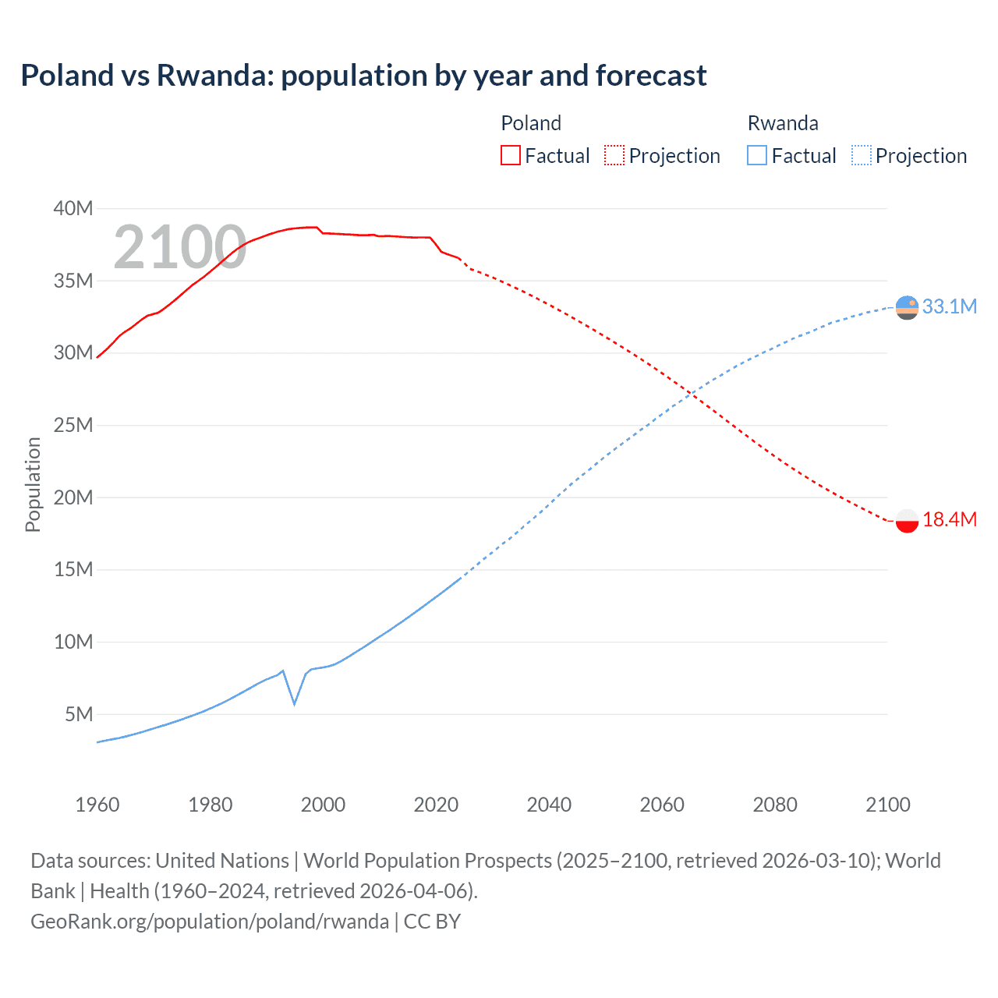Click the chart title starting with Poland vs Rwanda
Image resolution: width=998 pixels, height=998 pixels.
363,76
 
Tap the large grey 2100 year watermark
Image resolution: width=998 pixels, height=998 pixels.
180,248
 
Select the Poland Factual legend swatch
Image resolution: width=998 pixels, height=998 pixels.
510,155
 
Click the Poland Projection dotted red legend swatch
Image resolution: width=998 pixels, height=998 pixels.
614,155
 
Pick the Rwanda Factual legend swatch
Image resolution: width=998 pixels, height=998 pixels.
756,155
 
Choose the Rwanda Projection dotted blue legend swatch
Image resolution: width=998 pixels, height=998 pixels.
862,155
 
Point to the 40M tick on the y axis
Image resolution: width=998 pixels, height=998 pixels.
73,208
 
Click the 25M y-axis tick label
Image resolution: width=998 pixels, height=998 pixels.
73,425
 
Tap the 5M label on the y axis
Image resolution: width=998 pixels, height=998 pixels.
79,714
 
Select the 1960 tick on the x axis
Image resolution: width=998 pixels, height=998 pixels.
97,805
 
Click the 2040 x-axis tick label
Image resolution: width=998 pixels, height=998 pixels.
549,805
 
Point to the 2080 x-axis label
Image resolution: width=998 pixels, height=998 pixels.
775,805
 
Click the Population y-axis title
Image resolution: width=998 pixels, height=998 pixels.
33,484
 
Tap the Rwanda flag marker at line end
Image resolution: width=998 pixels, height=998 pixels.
907,308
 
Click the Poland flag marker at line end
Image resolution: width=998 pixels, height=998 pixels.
907,520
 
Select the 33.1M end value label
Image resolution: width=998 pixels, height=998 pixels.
949,306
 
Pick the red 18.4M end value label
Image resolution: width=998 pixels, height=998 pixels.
949,519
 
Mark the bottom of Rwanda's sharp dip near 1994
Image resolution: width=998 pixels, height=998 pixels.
295,704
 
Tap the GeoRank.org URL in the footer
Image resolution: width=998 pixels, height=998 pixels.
210,922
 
